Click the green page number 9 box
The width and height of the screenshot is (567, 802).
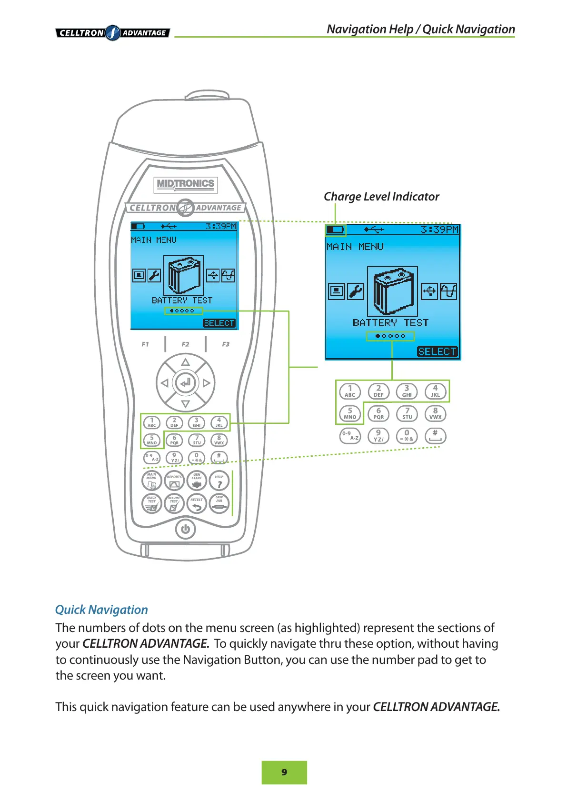tap(284, 772)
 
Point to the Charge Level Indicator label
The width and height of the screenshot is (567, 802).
tap(381, 197)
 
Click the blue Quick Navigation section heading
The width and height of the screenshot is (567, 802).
tap(101, 610)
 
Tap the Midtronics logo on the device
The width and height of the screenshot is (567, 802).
tap(186, 184)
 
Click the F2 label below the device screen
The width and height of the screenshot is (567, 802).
tap(185, 344)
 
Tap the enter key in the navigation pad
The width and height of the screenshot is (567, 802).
tap(185, 382)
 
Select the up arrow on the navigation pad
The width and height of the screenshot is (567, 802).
tap(185, 362)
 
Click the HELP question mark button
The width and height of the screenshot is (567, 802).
tap(219, 481)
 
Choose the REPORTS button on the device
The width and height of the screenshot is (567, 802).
tap(174, 481)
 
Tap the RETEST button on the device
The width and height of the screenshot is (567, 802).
tap(197, 503)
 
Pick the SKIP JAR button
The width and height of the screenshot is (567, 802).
tap(219, 503)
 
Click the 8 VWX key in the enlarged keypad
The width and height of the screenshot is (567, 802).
tap(435, 413)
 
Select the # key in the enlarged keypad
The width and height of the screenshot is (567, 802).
tap(435, 435)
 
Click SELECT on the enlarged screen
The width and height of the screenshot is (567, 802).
tap(437, 351)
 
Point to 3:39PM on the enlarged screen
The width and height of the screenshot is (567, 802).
tap(439, 230)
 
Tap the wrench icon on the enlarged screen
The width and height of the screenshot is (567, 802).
tap(355, 291)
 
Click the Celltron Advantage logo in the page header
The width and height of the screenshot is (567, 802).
tap(113, 33)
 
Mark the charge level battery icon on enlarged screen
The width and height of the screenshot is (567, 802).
tap(336, 230)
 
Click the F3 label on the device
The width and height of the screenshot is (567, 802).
tap(226, 344)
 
